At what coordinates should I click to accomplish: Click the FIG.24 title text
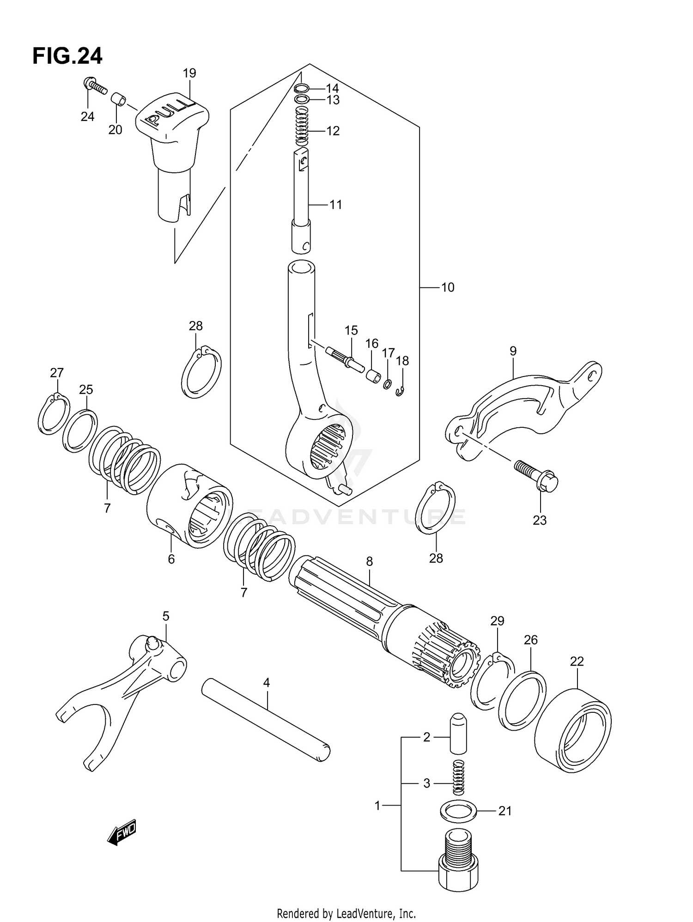[x=67, y=56]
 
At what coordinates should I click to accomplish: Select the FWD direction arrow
[x=122, y=833]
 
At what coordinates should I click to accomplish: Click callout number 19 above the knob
[x=189, y=73]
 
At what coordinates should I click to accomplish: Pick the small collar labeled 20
[x=119, y=100]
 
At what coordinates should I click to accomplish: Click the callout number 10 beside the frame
[x=447, y=287]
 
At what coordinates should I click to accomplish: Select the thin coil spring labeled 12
[x=301, y=126]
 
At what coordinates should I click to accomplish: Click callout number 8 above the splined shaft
[x=369, y=561]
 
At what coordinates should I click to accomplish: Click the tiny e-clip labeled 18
[x=400, y=392]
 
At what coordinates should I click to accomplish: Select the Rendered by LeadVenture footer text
[x=346, y=913]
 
